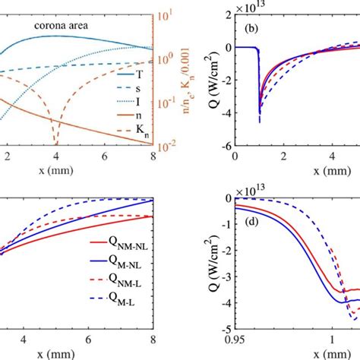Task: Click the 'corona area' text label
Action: coord(62,24)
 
